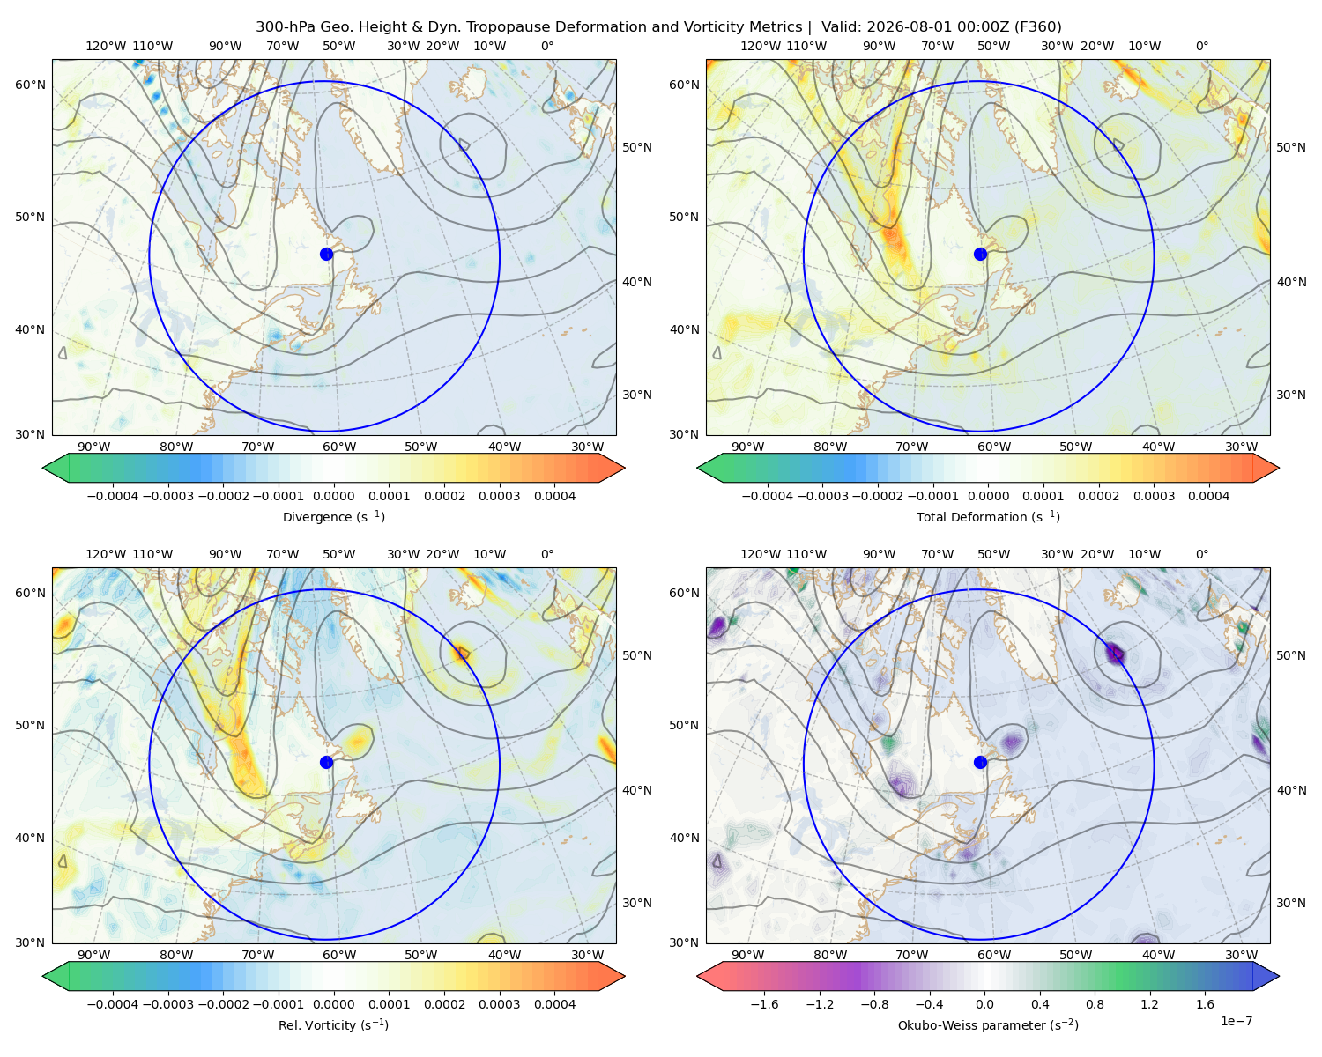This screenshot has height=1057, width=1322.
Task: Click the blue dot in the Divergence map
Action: [326, 255]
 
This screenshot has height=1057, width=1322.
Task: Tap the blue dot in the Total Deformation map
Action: [980, 255]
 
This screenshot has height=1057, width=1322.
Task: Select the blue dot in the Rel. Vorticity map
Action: [326, 762]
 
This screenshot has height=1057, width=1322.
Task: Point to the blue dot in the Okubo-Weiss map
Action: [980, 762]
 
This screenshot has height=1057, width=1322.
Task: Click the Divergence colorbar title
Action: [333, 517]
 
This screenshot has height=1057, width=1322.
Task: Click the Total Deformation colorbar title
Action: [988, 517]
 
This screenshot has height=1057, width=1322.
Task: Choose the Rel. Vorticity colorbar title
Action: [333, 1025]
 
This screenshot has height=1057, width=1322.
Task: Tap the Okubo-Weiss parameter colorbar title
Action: [988, 1025]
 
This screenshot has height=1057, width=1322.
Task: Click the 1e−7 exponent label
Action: [1236, 1021]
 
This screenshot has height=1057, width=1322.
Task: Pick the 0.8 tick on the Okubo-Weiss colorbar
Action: [1095, 1004]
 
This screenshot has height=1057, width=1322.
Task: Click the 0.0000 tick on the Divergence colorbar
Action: [333, 496]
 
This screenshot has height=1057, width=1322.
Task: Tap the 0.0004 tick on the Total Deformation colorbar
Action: [1208, 496]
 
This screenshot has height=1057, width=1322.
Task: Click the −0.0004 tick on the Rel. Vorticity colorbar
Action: [113, 1004]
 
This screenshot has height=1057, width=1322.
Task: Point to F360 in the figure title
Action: [1037, 27]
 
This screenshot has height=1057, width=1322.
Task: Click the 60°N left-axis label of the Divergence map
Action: [30, 85]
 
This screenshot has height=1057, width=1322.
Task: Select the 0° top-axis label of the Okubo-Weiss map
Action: [1201, 554]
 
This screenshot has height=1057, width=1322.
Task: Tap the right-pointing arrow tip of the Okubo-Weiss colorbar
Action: [1279, 976]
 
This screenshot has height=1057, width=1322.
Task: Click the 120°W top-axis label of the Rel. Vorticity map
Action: [106, 554]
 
